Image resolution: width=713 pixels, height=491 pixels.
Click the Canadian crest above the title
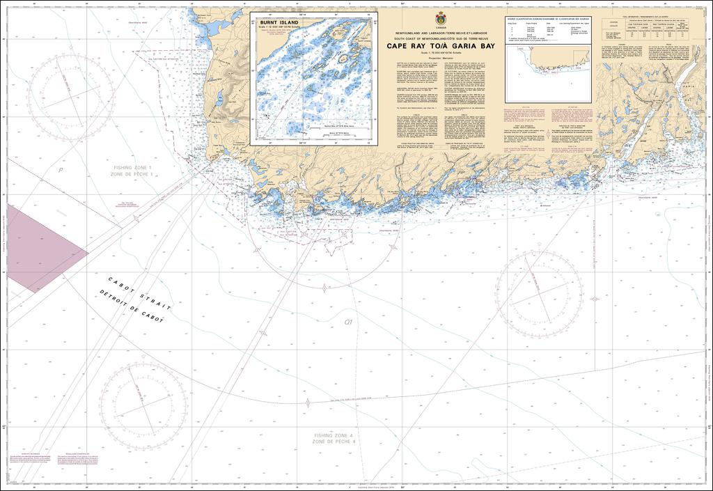[x=440, y=18]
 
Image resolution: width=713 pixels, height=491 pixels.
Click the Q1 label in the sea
[x=349, y=322]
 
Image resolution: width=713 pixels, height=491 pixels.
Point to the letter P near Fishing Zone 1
[x=61, y=169]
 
